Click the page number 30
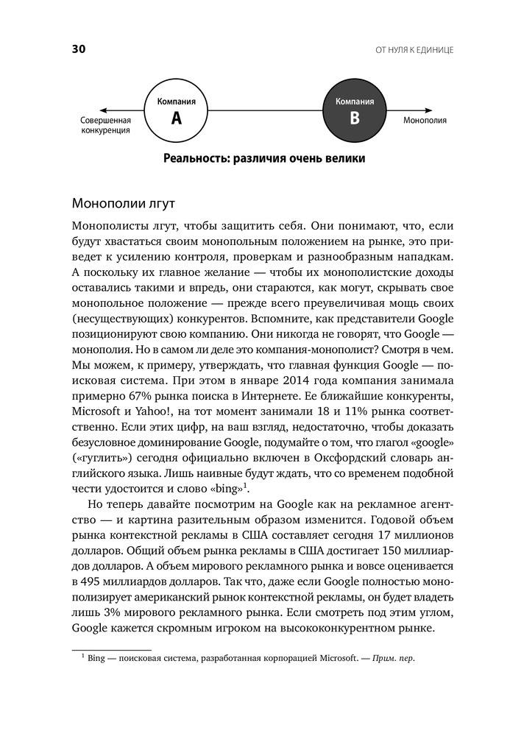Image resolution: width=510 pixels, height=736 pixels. click(x=79, y=49)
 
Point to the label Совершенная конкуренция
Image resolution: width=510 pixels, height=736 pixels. click(x=105, y=124)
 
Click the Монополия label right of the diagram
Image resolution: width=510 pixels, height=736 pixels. click(x=425, y=120)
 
